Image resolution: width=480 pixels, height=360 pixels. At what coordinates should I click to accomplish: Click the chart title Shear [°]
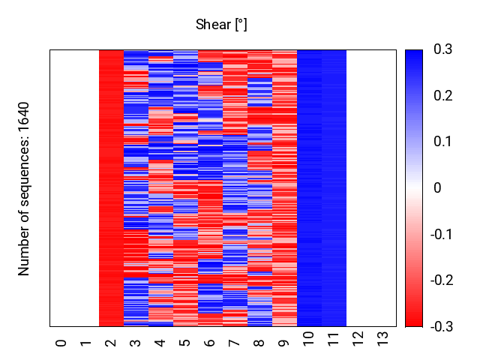(x=221, y=25)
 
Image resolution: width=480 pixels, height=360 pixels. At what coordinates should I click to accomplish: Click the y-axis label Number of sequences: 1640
(x=25, y=188)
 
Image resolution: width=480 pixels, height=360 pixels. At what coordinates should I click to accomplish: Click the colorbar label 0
(x=438, y=188)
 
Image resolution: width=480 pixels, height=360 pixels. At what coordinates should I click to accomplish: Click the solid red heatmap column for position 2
(x=111, y=187)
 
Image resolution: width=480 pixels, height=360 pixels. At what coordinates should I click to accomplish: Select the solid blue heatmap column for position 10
(x=309, y=187)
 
